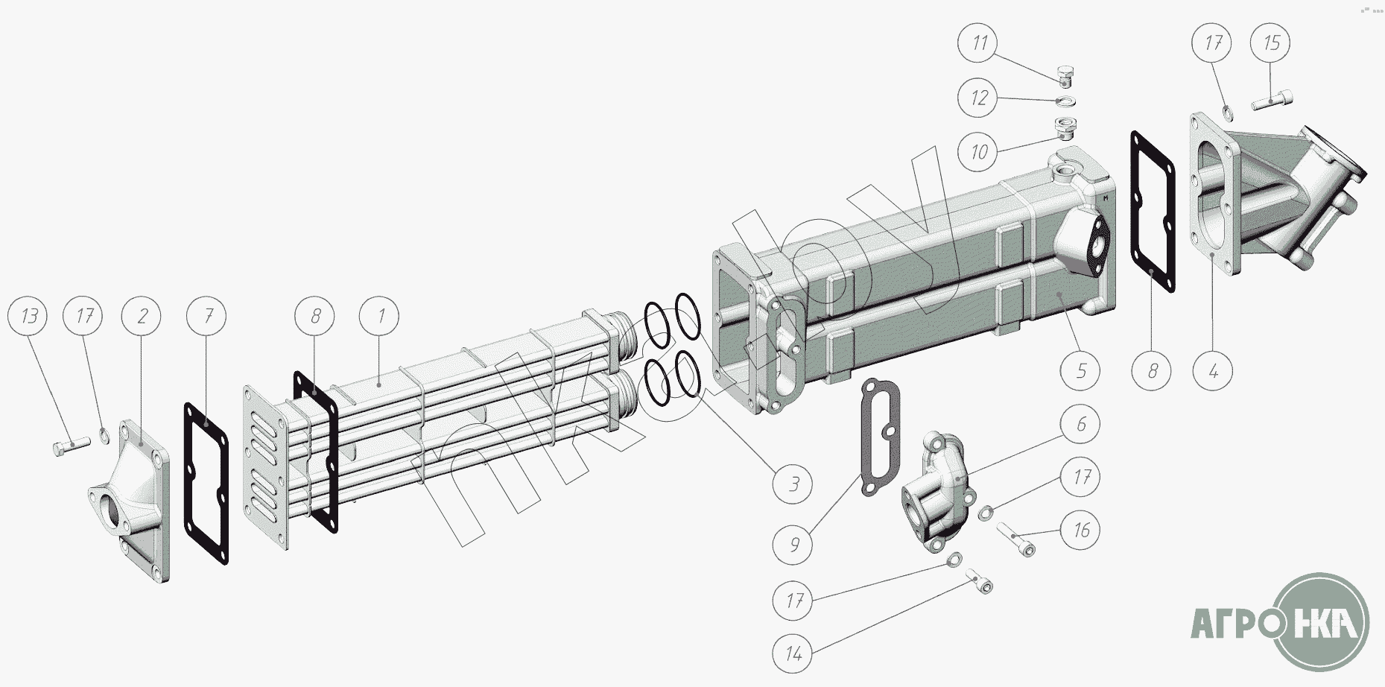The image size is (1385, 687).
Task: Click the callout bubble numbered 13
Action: click(29, 316)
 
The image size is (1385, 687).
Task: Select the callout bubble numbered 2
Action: click(142, 316)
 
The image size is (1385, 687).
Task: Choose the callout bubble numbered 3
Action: click(793, 484)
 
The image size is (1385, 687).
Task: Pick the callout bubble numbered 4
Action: click(1213, 370)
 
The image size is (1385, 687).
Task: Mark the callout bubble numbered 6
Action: click(1081, 424)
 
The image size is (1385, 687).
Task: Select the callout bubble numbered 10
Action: click(979, 152)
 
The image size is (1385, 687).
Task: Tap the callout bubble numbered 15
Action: click(1271, 42)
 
